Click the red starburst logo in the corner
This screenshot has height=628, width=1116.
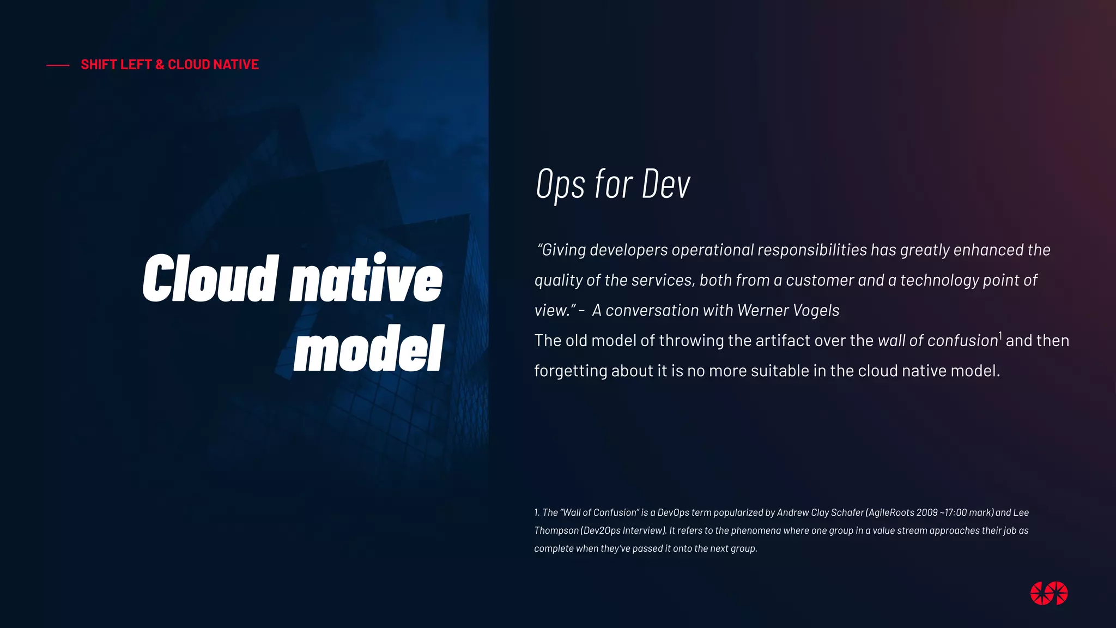(1049, 593)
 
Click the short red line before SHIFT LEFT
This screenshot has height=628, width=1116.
(58, 65)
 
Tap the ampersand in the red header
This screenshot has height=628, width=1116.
(160, 64)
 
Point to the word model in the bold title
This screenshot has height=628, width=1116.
(369, 349)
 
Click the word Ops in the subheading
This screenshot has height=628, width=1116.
(560, 184)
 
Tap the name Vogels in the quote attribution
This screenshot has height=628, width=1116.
(816, 310)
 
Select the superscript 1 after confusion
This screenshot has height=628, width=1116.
(1000, 335)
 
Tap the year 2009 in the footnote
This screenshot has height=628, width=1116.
(927, 512)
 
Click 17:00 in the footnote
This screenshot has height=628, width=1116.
(956, 512)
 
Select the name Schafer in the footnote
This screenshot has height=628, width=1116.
(847, 512)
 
